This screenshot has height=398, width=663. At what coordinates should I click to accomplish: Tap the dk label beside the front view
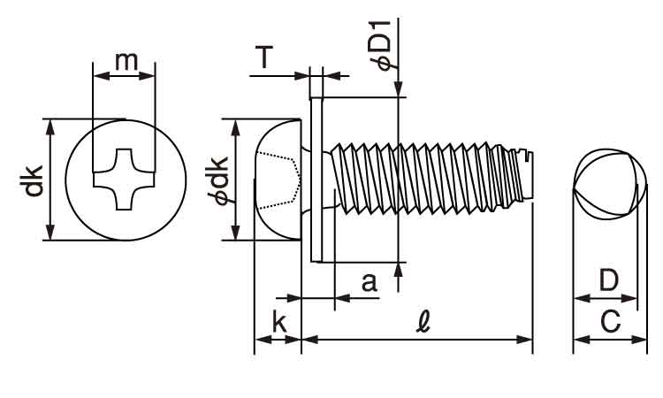pos(32,180)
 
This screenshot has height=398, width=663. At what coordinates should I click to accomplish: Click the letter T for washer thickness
pos(264,58)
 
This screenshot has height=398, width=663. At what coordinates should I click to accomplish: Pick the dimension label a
pos(370,282)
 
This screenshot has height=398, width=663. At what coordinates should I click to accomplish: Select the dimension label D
pos(608,281)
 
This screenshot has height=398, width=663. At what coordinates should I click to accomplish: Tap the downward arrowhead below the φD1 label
pos(400,88)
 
